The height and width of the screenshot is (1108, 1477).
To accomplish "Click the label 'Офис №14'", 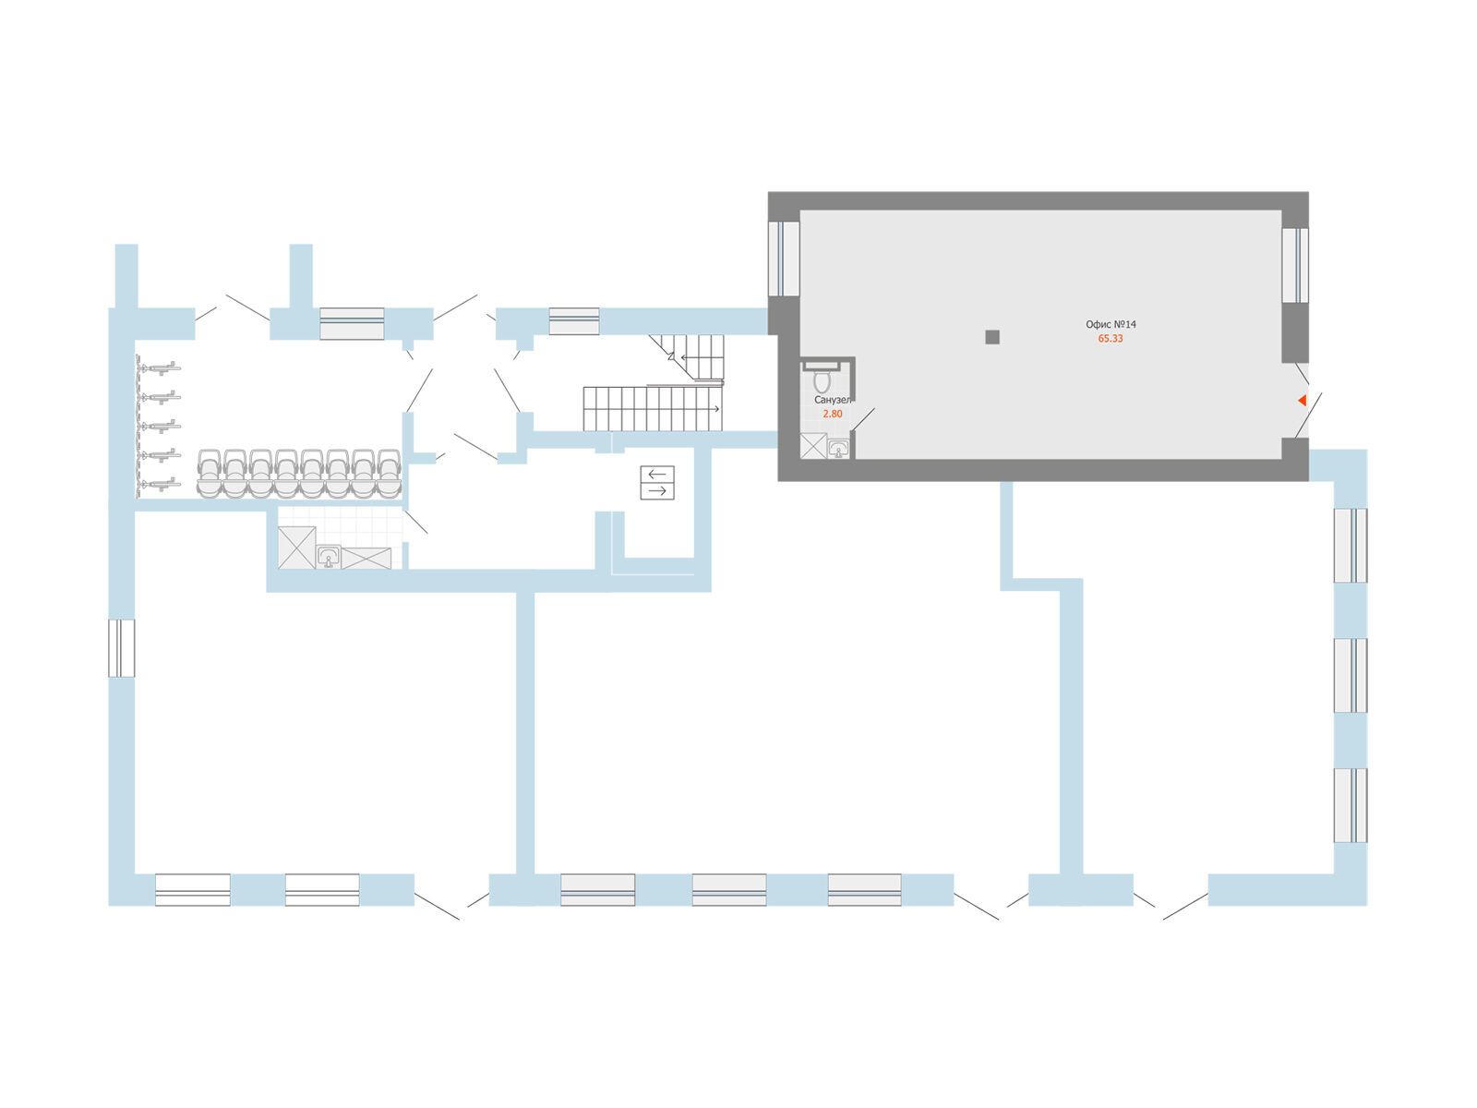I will point(1110,325).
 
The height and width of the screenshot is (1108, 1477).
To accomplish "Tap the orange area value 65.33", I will point(1110,339).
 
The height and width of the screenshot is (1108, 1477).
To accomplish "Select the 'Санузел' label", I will point(832,402).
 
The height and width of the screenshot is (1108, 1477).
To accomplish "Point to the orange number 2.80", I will point(832,415).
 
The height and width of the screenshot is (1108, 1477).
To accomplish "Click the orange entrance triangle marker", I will point(1302,400).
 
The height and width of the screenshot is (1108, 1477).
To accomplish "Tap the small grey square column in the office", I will point(992,337).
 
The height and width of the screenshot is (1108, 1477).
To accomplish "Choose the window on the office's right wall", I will point(1295,264).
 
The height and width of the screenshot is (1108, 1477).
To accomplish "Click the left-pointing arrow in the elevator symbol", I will point(657,474).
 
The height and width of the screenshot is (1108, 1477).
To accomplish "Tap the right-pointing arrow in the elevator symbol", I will point(657,491).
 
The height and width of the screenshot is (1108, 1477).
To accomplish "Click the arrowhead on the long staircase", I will point(716,408).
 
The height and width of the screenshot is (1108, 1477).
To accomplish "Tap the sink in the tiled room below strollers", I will point(329,556).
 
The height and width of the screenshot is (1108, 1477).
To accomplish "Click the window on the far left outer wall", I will point(122,648).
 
